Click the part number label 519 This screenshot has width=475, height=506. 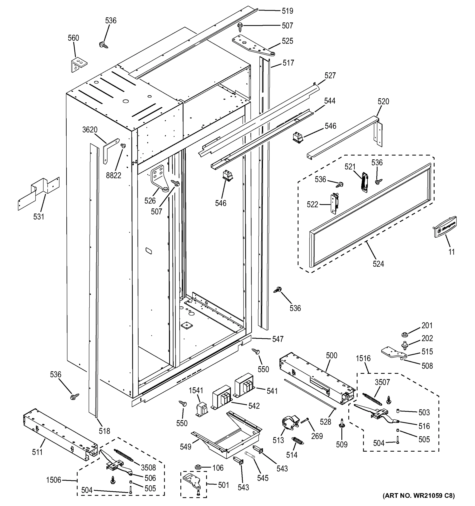[x=287, y=11]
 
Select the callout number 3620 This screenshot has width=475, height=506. [x=90, y=130]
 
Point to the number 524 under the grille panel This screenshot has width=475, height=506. [x=378, y=264]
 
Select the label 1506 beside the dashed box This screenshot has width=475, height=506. [x=54, y=480]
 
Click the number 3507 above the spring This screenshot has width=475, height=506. [x=382, y=382]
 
